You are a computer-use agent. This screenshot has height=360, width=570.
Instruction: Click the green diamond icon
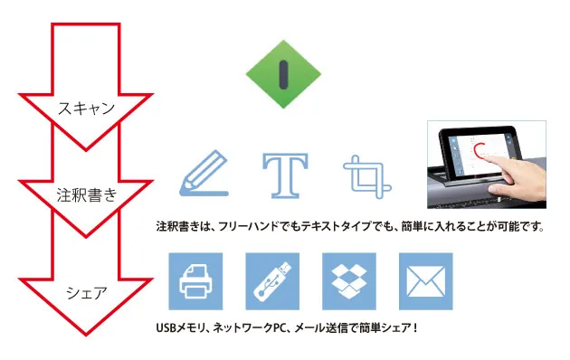(x=283, y=72)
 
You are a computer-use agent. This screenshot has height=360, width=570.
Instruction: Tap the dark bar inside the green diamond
(x=283, y=72)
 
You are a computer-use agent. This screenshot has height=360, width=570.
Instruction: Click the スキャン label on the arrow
(x=86, y=109)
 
